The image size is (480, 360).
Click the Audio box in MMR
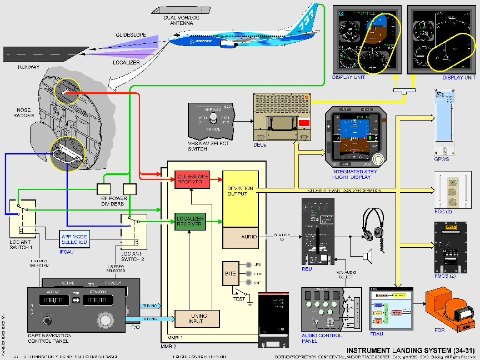point(241,237)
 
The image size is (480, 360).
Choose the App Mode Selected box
point(74,239)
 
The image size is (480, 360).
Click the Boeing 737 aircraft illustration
point(244,33)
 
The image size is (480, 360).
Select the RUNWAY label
point(28,67)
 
